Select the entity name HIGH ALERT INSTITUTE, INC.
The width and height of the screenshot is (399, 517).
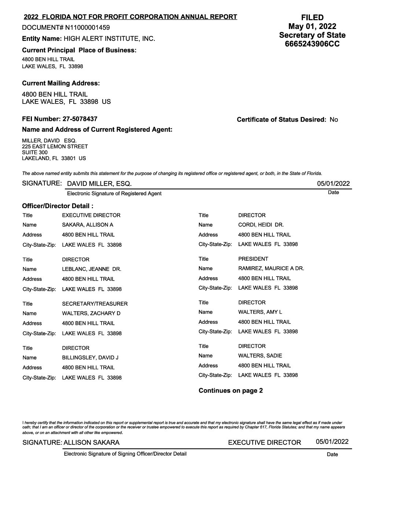pos(109,39)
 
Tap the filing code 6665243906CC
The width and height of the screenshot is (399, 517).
pos(312,44)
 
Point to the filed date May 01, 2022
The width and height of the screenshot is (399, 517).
pos(312,26)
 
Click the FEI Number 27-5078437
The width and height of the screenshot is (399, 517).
pos(80,119)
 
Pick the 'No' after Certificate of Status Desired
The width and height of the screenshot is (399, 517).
pos(334,120)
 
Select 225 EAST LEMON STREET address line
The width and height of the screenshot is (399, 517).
pos(55,147)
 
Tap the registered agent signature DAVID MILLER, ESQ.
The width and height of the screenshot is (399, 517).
pos(99,184)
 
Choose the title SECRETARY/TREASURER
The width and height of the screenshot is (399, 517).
pos(95,304)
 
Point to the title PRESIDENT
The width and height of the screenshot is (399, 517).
pos(253,259)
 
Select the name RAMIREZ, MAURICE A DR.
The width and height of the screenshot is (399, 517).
pos(271,268)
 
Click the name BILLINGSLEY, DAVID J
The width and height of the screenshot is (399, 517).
pos(90,358)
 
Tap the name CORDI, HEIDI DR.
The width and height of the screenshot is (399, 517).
pos(261,225)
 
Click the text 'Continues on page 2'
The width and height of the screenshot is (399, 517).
pos(231,391)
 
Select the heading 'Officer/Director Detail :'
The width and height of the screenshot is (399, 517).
pos(58,206)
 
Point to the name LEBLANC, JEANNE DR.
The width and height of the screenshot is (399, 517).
pos(92,269)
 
